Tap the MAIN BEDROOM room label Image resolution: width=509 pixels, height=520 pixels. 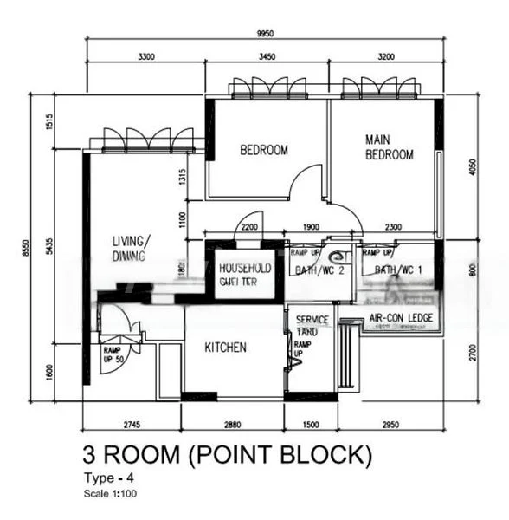(x=389, y=146)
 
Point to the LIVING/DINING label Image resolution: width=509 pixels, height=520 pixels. (x=132, y=248)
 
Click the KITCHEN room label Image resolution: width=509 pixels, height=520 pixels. (x=225, y=348)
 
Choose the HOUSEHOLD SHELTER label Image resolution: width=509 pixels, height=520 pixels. (x=245, y=275)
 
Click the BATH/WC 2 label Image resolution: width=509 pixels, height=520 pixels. (x=320, y=271)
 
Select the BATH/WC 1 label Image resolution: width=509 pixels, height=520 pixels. (x=398, y=271)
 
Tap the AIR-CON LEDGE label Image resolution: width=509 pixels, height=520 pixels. (x=401, y=318)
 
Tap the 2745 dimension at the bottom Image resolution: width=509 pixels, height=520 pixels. (x=130, y=425)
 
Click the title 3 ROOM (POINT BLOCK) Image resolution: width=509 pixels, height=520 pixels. (x=228, y=454)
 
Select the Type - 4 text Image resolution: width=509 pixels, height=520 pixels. (x=108, y=477)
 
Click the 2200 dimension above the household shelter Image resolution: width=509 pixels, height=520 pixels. (x=248, y=227)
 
